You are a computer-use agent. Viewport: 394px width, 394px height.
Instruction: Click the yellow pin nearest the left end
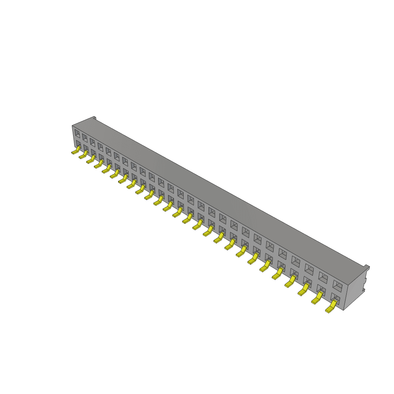click(75, 151)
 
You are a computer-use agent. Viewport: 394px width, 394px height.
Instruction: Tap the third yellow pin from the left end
click(91, 160)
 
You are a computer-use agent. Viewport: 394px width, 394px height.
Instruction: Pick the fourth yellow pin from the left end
click(98, 164)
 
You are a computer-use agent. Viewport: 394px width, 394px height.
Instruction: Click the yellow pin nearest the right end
click(331, 307)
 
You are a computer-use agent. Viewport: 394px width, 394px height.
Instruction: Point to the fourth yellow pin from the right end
click(290, 283)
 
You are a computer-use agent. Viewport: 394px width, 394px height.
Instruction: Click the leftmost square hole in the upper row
click(77, 134)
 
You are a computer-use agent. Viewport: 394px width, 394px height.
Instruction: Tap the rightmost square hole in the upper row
click(337, 286)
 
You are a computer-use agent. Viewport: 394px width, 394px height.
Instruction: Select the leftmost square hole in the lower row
click(78, 144)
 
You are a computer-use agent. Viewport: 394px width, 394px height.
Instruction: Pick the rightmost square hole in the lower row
click(336, 297)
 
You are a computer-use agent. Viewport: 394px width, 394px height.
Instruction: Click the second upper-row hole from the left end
click(85, 138)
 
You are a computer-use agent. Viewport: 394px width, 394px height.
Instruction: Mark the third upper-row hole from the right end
click(309, 269)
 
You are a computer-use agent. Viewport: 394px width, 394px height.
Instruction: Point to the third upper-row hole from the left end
click(92, 142)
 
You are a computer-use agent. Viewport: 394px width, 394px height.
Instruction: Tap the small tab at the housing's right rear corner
click(367, 267)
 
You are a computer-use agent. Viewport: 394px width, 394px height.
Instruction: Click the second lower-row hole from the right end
click(321, 289)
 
